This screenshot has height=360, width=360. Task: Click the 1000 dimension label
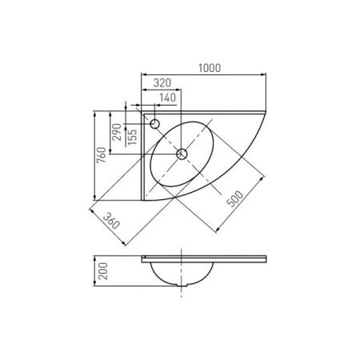tap(210, 68)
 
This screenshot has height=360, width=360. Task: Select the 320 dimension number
tap(162, 83)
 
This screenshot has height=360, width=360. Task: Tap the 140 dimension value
tap(168, 98)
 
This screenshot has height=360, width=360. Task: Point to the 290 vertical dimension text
tap(117, 132)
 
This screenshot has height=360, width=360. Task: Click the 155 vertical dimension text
tap(132, 137)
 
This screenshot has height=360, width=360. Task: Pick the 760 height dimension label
tap(102, 155)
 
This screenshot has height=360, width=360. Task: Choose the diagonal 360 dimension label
tap(111, 221)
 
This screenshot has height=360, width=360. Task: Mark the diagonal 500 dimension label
tap(234, 198)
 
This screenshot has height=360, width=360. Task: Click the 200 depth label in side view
tap(103, 271)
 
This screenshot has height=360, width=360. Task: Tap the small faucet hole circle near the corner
tap(155, 124)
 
